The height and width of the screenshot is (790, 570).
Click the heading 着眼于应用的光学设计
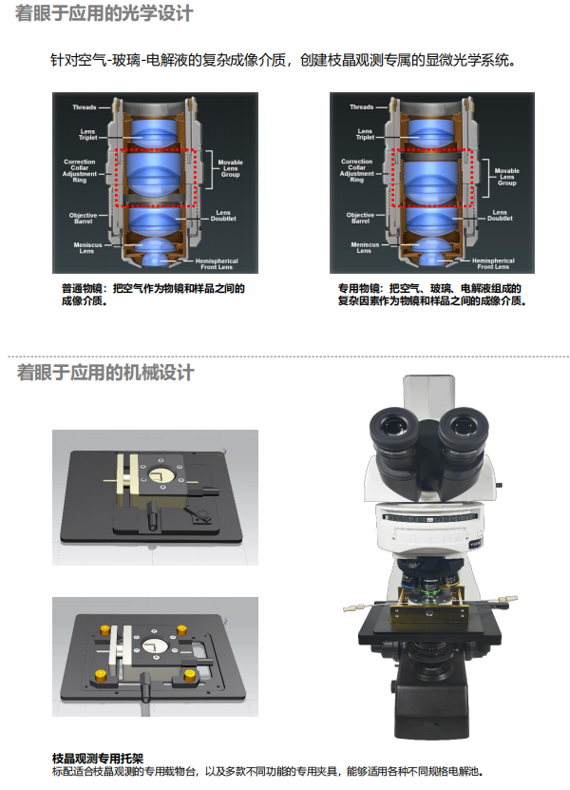pyautogui.click(x=104, y=13)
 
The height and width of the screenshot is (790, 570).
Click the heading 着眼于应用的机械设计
pyautogui.click(x=105, y=373)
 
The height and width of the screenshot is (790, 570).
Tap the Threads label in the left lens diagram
pyautogui.click(x=85, y=107)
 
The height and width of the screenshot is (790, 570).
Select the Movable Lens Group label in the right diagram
pyautogui.click(x=507, y=177)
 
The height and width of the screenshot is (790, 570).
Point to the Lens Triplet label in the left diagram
pyautogui.click(x=87, y=135)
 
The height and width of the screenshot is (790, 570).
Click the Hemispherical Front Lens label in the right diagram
pyautogui.click(x=493, y=264)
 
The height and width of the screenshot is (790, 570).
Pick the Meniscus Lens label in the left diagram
pyautogui.click(x=87, y=248)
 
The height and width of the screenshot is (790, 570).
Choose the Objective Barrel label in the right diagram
pyautogui.click(x=360, y=218)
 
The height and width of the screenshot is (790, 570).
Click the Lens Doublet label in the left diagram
pyautogui.click(x=223, y=216)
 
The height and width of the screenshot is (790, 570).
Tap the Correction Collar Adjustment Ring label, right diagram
pyautogui.click(x=356, y=171)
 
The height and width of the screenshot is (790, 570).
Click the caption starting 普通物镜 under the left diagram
pyautogui.click(x=153, y=295)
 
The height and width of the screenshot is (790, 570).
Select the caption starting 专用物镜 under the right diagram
pyautogui.click(x=432, y=295)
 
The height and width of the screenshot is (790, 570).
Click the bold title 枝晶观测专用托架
pyautogui.click(x=98, y=759)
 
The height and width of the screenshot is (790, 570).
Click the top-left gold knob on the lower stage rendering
pyautogui.click(x=105, y=630)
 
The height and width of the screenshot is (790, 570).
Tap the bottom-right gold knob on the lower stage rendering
pyautogui.click(x=190, y=675)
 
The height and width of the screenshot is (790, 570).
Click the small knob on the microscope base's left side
pyautogui.click(x=392, y=685)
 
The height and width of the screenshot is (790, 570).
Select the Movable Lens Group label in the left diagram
pyautogui.click(x=230, y=169)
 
